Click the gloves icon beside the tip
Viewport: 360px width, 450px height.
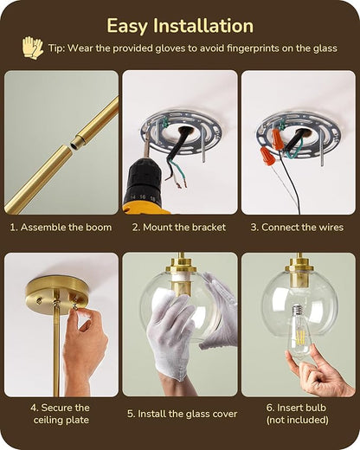(33, 48)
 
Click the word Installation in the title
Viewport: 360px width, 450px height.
(203, 25)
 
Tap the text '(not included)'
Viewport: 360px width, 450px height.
(298, 420)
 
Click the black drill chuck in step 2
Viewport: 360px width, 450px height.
(142, 177)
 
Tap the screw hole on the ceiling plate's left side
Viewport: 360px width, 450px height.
(38, 301)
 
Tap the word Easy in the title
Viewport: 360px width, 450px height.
(127, 27)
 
